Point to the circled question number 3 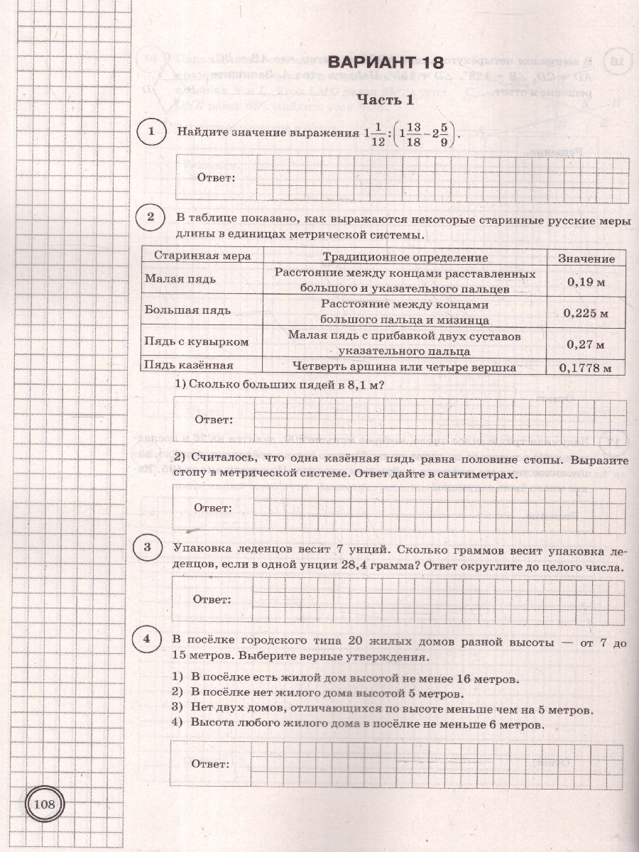pyautogui.click(x=147, y=547)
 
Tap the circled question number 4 pyautogui.click(x=147, y=640)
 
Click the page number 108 pyautogui.click(x=44, y=804)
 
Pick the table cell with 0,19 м pyautogui.click(x=586, y=282)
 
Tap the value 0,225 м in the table pyautogui.click(x=586, y=312)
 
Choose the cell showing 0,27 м pyautogui.click(x=586, y=344)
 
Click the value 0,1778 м pyautogui.click(x=586, y=367)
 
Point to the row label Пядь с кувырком pyautogui.click(x=196, y=342)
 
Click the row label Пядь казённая pyautogui.click(x=189, y=366)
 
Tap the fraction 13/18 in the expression pyautogui.click(x=415, y=133)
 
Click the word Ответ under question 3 pyautogui.click(x=212, y=600)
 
